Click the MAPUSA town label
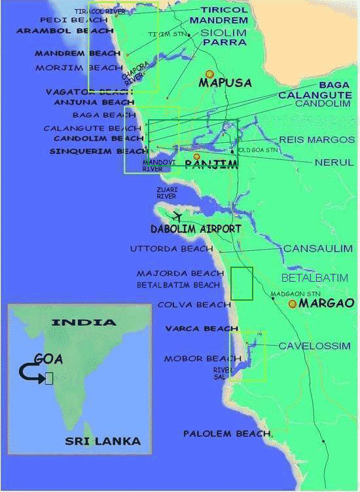[226, 83]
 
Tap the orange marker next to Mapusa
[209, 75]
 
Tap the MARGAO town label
[326, 303]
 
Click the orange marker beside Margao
[292, 304]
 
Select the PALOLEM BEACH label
[226, 434]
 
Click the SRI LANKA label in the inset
[103, 441]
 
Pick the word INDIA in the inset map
[84, 322]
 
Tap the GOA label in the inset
[49, 358]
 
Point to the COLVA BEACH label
[194, 305]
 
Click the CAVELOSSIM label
[314, 346]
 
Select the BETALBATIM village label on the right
[315, 278]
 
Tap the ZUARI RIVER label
[166, 192]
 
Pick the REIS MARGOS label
[317, 140]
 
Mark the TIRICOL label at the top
[225, 9]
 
